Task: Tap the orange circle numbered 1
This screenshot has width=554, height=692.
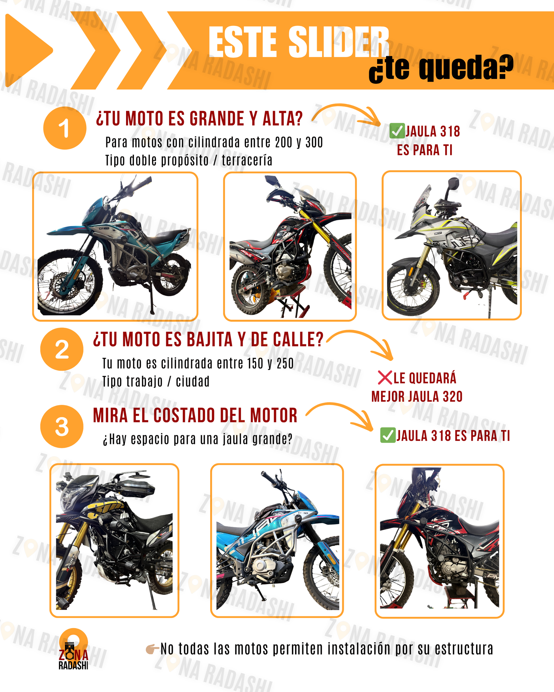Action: pos(65,128)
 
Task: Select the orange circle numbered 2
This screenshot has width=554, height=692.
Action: pos(62,349)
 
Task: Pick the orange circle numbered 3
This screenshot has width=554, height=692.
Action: pos(62,426)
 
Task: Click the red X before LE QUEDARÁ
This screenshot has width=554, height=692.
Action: pos(385,378)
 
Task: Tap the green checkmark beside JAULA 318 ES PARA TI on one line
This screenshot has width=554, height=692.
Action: pos(388,435)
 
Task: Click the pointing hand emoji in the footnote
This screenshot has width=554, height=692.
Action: pos(152,649)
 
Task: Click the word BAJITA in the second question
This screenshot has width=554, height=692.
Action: pos(209,339)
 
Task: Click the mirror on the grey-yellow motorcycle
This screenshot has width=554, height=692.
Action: pos(452,185)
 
